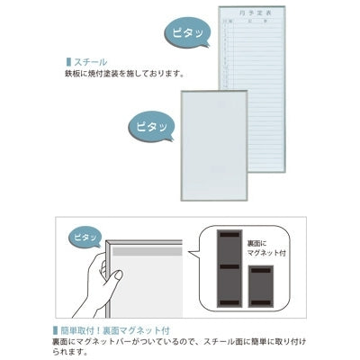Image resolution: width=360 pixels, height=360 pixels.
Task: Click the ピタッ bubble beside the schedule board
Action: [185, 33]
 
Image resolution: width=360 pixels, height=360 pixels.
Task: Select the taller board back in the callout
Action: [231, 268]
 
